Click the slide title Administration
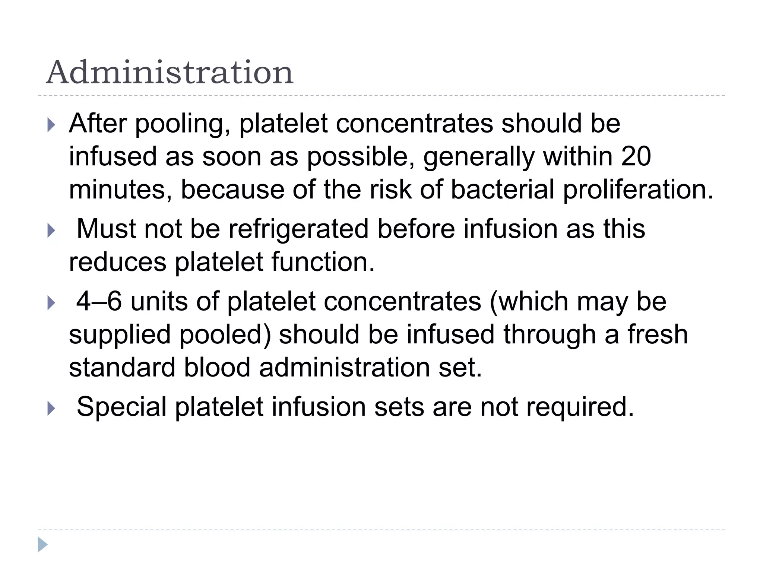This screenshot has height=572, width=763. coord(170,72)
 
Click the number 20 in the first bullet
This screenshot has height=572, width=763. coord(636,156)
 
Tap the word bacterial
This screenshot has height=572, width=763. coord(502,190)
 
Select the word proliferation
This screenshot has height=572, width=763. coord(638,190)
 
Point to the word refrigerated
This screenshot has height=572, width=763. coord(298,229)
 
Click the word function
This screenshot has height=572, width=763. coord(323,262)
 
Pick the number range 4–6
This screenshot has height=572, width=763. coord(99,301)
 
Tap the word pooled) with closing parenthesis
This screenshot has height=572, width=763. coord(225,334)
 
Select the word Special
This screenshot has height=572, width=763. coord(121,407)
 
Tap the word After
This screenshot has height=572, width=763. coord(98,124)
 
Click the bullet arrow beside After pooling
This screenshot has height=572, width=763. coord(51,125)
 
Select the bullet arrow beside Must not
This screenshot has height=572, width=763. coord(51,231)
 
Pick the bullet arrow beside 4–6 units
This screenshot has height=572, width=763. coord(51,303)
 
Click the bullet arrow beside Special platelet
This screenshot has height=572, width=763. coord(51,409)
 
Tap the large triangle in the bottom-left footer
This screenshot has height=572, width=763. coord(42,544)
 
